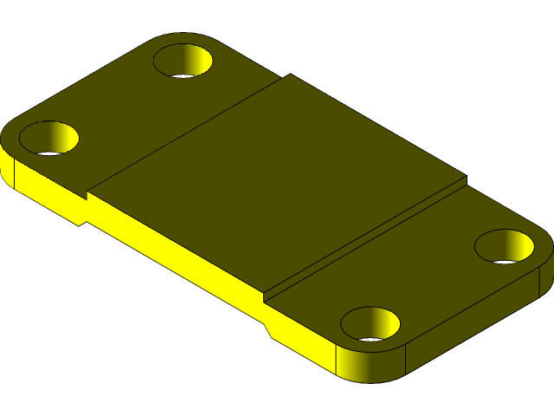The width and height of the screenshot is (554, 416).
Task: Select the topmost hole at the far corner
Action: point(184,62)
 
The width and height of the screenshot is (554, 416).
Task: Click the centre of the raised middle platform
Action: point(277,182)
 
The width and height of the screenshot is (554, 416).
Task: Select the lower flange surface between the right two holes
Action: point(433,277)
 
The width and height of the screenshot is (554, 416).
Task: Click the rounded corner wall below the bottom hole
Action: point(372,364)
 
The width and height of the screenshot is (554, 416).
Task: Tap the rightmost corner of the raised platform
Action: point(465,179)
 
